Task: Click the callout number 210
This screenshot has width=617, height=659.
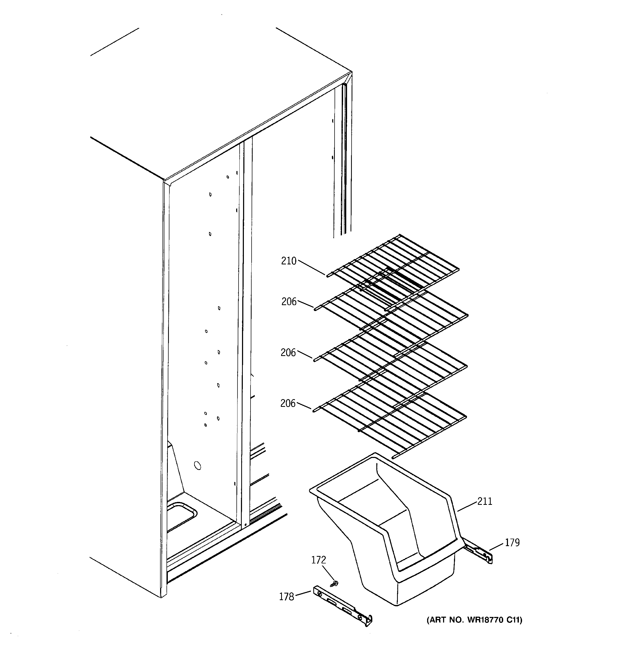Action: [289, 261]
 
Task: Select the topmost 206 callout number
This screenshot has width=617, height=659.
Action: [289, 302]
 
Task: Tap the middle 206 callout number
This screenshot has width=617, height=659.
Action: [288, 353]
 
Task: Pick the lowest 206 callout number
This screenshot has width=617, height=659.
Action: [287, 403]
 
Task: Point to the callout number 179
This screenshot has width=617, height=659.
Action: [512, 543]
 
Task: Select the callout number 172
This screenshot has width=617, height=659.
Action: [318, 560]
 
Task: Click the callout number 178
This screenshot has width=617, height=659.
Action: [286, 597]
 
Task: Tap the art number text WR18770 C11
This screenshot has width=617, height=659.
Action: [474, 620]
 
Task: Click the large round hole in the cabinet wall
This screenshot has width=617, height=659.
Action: [197, 466]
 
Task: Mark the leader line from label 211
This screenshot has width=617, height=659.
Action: [467, 506]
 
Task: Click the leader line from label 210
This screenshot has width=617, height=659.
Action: [311, 268]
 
